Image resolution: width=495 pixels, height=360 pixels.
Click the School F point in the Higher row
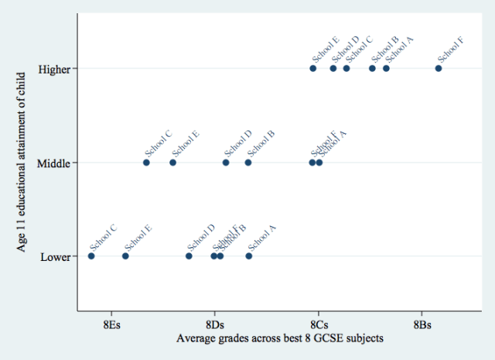click(439, 68)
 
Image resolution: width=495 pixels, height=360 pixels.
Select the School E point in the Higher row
click(313, 68)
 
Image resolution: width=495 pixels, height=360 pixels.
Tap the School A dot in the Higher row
click(386, 68)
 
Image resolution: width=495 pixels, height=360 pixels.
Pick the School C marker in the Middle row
click(146, 163)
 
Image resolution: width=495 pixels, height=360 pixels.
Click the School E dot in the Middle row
click(172, 163)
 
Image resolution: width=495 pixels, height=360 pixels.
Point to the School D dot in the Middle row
click(226, 163)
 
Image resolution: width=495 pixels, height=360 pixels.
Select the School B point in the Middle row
click(248, 163)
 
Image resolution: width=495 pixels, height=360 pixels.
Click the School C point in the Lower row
click(91, 256)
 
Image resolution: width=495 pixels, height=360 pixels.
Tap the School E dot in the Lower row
click(125, 256)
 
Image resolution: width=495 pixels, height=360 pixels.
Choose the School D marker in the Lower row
click(189, 256)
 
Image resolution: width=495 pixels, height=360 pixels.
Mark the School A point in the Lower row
click(249, 256)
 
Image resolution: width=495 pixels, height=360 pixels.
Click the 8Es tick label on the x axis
click(111, 323)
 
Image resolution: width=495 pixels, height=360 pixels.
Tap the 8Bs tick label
click(422, 323)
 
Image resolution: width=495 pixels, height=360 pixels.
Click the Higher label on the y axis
click(55, 69)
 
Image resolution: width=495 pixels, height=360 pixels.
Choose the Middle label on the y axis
click(55, 163)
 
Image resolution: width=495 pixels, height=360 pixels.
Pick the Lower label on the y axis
click(56, 256)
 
